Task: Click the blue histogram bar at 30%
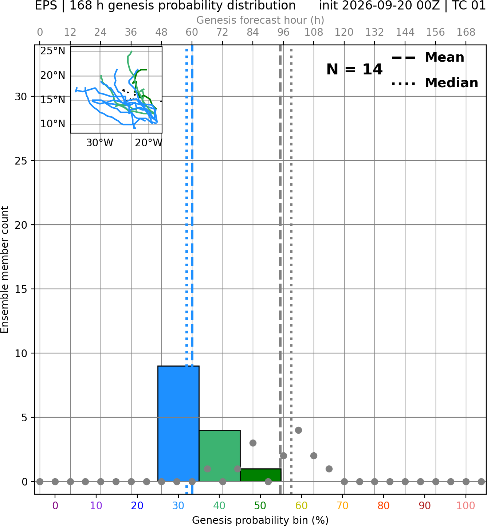[178, 424]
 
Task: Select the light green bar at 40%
[220, 456]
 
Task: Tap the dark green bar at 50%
[260, 475]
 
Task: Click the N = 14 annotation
[354, 69]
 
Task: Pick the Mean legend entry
[428, 58]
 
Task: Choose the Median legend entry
[435, 83]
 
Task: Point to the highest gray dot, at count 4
[298, 430]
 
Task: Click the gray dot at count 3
[253, 443]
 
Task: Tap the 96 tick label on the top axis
[283, 32]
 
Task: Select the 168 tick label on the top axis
[466, 32]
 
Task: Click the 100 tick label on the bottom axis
[466, 506]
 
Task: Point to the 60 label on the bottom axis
[301, 506]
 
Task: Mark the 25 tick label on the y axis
[21, 161]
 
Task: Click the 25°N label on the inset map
[53, 51]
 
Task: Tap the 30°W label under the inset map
[100, 143]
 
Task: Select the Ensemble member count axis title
[4, 270]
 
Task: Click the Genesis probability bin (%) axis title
[260, 520]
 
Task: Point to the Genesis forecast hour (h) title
[260, 20]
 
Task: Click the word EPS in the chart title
[46, 5]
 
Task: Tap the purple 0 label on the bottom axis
[55, 506]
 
